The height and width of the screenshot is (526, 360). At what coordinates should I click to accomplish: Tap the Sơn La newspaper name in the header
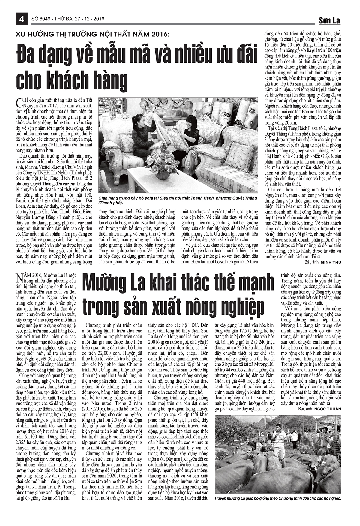click(x=329, y=20)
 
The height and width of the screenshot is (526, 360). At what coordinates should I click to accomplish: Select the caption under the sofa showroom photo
click(x=178, y=200)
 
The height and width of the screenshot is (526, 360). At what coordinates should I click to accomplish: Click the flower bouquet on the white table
click(x=162, y=164)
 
